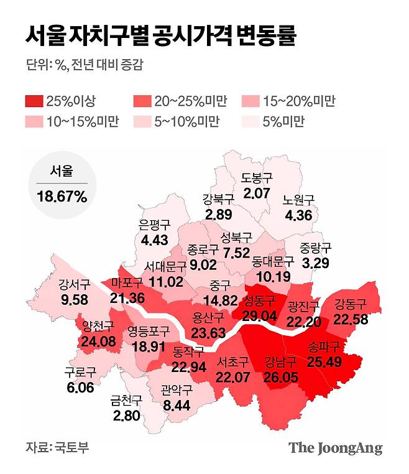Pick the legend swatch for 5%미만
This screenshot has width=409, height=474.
[x=255, y=121]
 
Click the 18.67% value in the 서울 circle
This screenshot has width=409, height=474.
[x=62, y=197]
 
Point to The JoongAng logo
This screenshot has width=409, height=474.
[x=335, y=448]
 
